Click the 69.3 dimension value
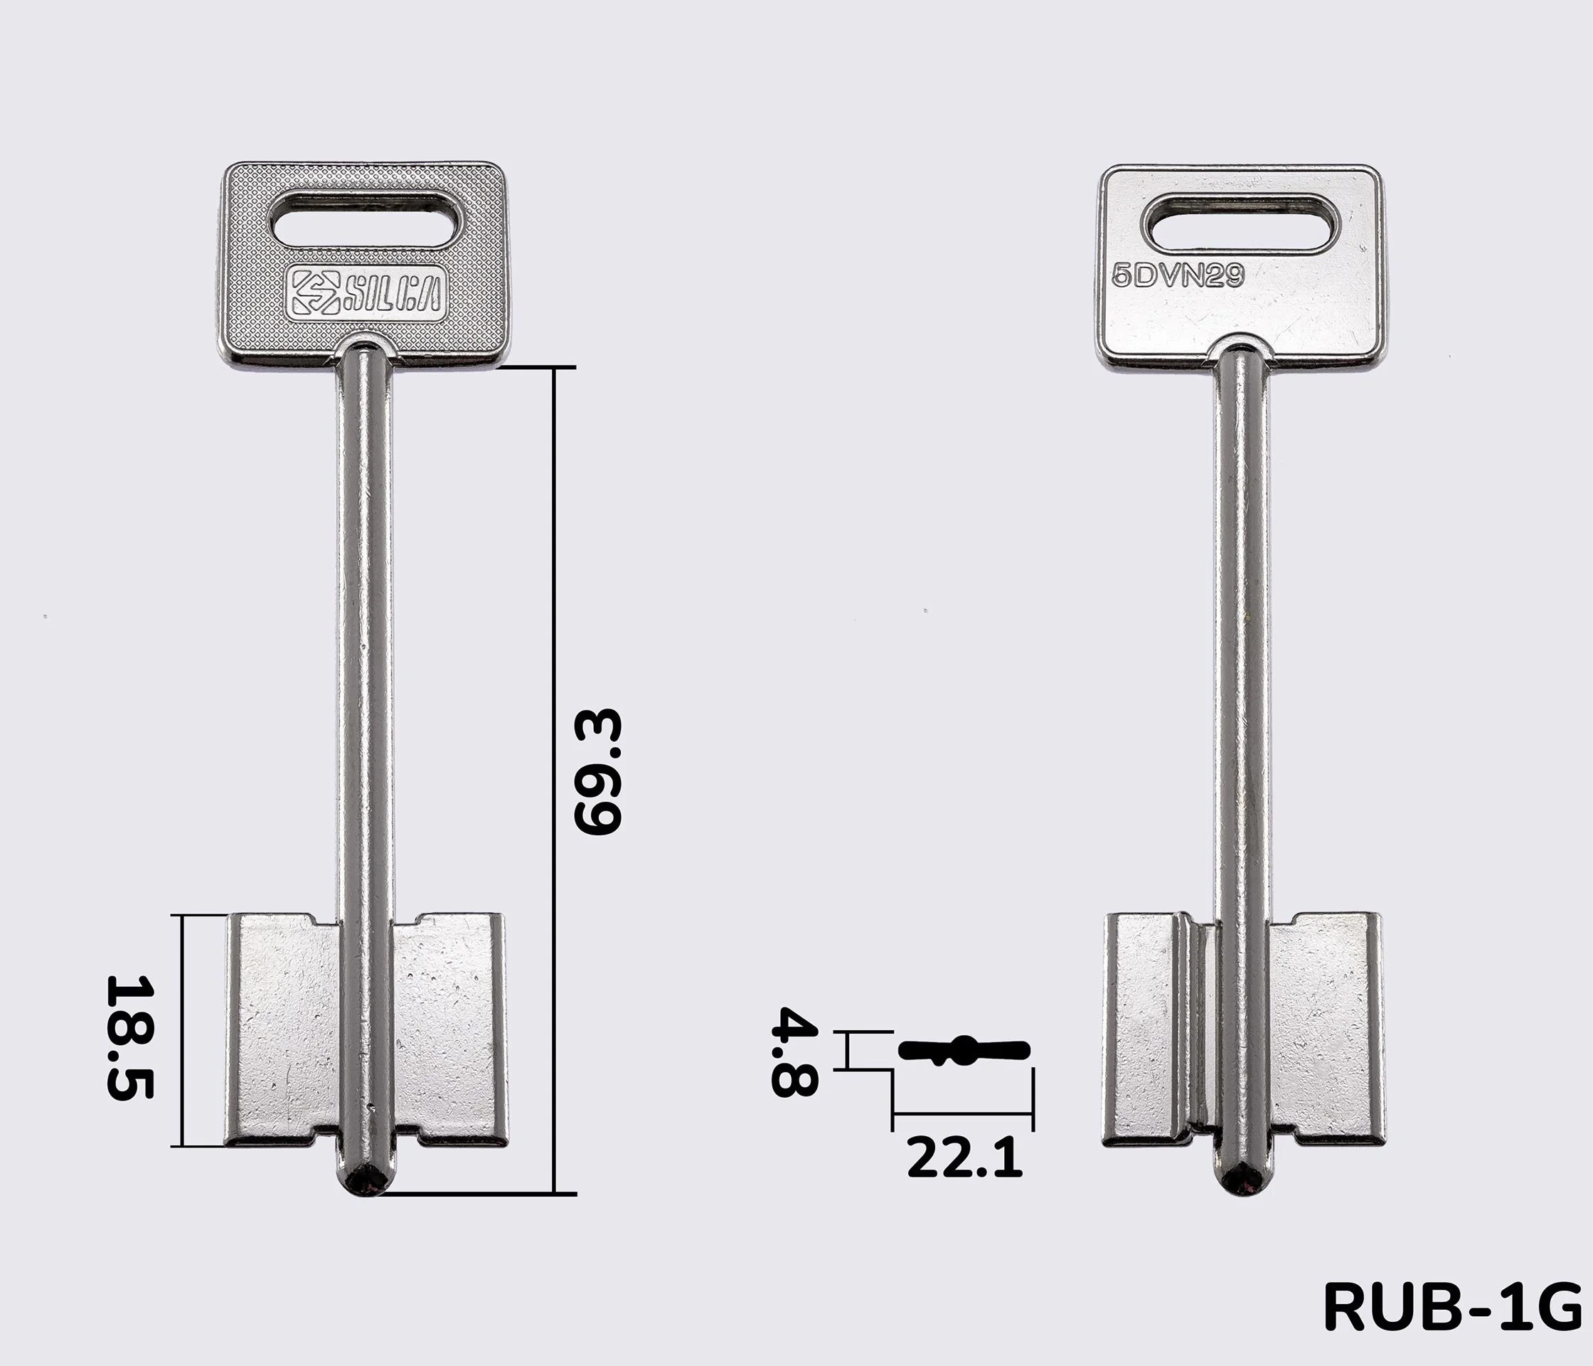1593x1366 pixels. coord(597,771)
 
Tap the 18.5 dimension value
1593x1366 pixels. coord(130,1037)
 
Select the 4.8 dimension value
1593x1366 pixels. coord(795,1052)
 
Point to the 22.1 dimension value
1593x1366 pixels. coord(965,1158)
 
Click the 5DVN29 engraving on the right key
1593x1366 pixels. coord(1178,275)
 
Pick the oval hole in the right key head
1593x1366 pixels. coord(1242,224)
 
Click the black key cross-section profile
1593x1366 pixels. coord(964,1050)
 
